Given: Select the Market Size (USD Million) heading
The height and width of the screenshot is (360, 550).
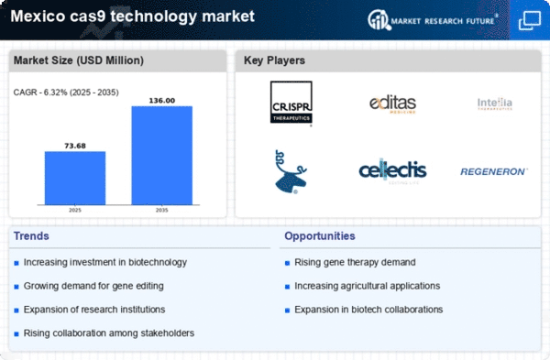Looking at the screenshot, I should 77,61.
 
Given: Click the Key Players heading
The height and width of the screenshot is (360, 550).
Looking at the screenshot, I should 275,61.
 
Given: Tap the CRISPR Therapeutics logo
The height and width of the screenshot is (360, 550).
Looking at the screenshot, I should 291,104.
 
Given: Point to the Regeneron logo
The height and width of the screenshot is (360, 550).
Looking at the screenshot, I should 494,170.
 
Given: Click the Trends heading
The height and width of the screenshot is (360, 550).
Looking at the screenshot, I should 33,236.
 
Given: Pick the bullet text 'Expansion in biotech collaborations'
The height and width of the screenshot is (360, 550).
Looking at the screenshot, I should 369,309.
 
